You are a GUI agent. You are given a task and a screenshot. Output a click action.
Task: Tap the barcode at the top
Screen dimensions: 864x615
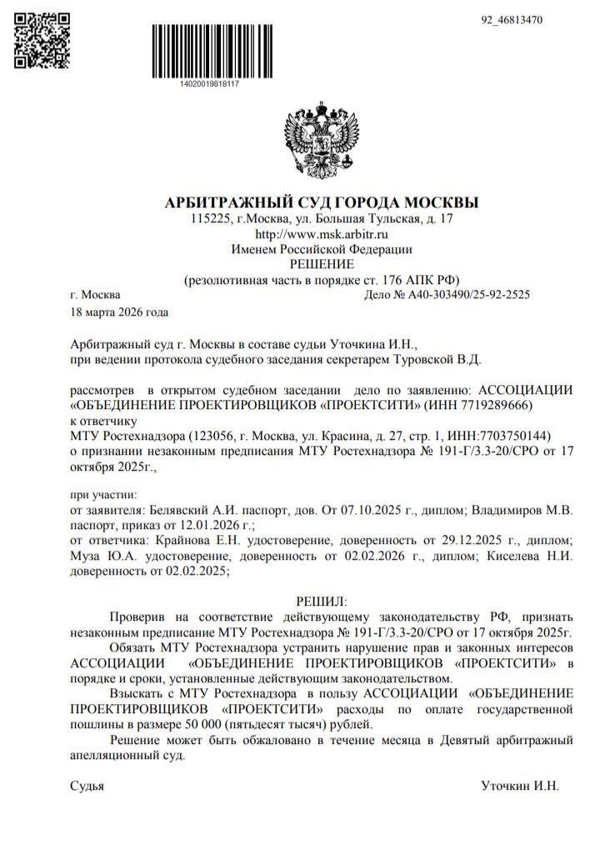(x=209, y=52)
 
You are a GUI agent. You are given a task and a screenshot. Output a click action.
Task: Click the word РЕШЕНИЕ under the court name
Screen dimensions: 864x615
(x=322, y=264)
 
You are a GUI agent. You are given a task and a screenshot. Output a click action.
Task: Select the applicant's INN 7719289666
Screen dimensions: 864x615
(x=498, y=405)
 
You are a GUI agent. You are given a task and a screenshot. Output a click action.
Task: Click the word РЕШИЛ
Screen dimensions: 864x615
(x=321, y=601)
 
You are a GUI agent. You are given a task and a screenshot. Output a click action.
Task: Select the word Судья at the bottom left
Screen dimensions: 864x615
(x=87, y=786)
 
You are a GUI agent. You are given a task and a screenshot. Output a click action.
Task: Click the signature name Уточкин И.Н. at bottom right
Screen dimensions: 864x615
(x=520, y=786)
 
